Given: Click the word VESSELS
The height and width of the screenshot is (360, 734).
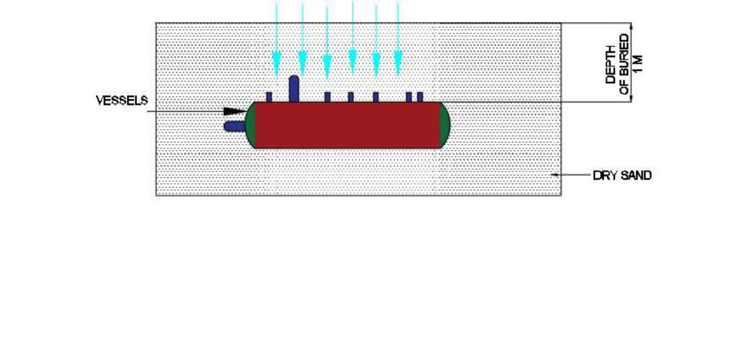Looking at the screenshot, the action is click(122, 100).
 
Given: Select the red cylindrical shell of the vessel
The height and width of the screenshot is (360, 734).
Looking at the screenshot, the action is click(348, 125).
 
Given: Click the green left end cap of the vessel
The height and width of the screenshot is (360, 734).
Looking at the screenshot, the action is click(250, 125).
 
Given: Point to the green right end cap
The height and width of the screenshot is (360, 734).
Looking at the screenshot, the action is click(444, 125).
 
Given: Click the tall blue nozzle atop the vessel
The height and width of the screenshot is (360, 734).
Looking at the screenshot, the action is click(294, 89).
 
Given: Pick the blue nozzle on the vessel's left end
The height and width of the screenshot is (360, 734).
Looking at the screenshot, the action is click(234, 126).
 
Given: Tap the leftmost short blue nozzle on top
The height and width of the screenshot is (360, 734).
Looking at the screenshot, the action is click(270, 97).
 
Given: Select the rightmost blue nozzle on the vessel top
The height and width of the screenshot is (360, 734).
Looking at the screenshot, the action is click(420, 97).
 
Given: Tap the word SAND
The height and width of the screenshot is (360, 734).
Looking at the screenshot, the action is click(637, 176).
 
